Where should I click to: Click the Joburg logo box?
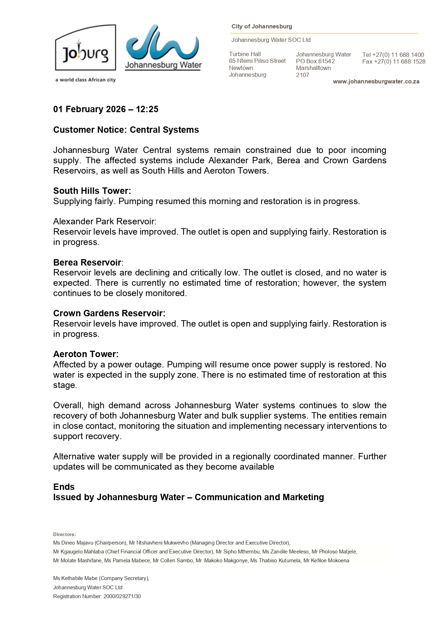pos(85,48)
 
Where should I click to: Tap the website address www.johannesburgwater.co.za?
pos(376,82)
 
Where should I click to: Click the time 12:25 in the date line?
pos(147,109)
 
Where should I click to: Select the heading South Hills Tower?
pos(92,191)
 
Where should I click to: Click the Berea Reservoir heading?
pos(87,263)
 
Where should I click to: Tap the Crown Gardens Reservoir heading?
pos(109,313)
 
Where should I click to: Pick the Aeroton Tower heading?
pos(86,354)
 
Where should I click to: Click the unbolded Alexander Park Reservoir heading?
pos(105,222)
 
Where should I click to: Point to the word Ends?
pos(64,487)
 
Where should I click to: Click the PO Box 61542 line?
pos(315,61)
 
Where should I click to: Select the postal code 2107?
pos(302,75)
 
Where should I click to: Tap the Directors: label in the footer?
pos(65,534)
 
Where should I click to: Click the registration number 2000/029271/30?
pos(122,596)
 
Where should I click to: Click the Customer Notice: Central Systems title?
pos(126,130)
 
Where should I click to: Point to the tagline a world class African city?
pos(85,80)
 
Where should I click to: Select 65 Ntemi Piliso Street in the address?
pos(257,61)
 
